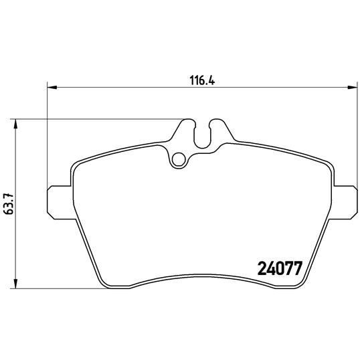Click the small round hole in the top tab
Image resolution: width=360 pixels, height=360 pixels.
(x=178, y=159)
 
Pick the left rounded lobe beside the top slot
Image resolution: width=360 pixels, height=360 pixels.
(x=187, y=126)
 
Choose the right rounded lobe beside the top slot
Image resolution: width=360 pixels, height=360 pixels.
(x=215, y=126)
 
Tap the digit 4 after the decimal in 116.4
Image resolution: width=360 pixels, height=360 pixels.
(x=217, y=79)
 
